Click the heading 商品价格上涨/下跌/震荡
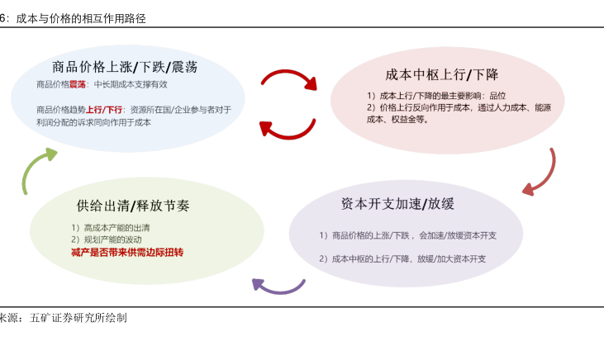tap(125, 67)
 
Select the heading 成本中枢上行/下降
tap(441, 74)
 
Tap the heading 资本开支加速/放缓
tap(397, 204)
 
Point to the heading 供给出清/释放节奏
tap(133, 206)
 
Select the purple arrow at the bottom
tap(278, 289)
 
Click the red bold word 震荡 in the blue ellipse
tap(78, 84)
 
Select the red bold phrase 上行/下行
tap(104, 110)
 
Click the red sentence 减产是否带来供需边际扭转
tap(127, 253)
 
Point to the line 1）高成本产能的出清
tap(110, 228)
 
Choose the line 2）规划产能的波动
tap(107, 240)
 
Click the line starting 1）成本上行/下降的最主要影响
tap(436, 96)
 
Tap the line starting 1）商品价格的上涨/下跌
tap(408, 235)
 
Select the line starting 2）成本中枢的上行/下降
tap(402, 258)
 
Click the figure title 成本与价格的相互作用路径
tap(81, 18)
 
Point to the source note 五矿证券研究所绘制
tap(78, 318)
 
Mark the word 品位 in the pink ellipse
tap(497, 96)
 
